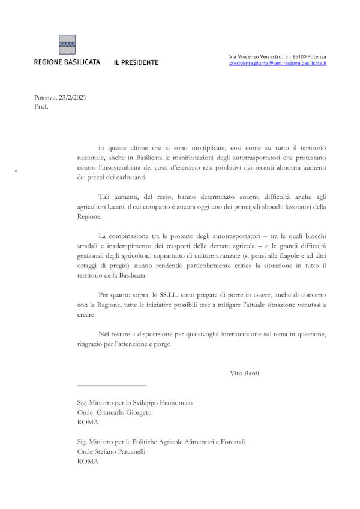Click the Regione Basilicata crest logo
click(x=67, y=44)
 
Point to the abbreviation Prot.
click(x=41, y=107)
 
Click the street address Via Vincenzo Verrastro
click(x=257, y=56)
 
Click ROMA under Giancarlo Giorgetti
click(x=88, y=423)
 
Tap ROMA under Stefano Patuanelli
click(x=88, y=462)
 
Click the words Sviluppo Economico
click(x=163, y=403)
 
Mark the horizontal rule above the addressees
click(x=112, y=385)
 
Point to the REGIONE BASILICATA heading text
click(x=67, y=62)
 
